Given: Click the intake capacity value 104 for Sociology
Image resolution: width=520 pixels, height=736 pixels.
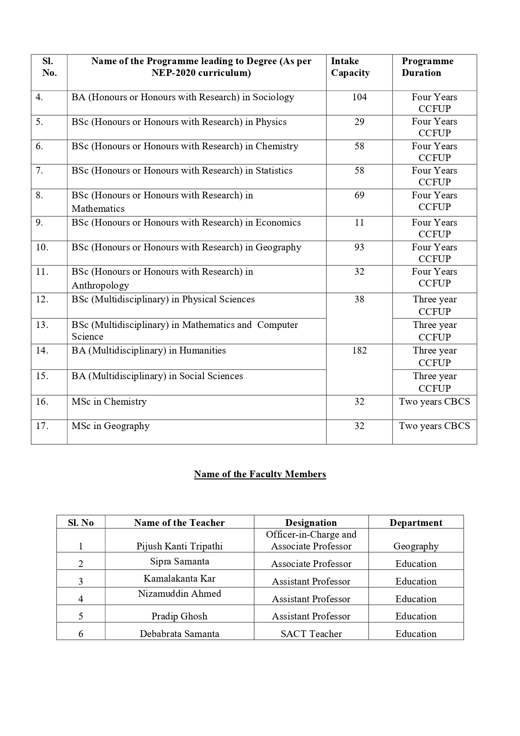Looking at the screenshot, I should pos(359,97).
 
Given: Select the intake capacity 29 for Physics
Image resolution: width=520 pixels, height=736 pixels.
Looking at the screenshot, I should pos(359,122).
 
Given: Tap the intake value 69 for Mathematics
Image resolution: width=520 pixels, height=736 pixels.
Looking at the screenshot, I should pos(359,195).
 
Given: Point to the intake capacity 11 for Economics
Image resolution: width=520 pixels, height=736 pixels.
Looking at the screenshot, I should pos(359,223).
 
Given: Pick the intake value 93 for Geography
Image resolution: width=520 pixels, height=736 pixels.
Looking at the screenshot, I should pos(359,247).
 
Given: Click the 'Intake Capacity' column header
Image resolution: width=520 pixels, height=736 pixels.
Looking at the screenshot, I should pos(350,67).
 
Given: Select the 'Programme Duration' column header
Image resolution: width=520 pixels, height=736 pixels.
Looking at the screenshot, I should pos(427,67).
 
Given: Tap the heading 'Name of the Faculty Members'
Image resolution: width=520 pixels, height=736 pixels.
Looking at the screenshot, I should pos(260,474).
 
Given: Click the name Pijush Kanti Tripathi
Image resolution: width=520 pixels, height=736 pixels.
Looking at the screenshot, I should pos(179,546).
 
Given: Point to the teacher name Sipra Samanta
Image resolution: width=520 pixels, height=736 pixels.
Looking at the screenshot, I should pos(179,562).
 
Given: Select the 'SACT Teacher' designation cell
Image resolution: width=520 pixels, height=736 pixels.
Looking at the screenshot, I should pos(311,634).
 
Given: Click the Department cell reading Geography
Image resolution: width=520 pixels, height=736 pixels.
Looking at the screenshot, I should pos(416,546).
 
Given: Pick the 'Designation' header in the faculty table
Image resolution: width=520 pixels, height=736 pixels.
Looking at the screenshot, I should pos(311,523).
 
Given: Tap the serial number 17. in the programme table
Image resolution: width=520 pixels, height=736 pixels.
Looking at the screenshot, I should pos(42,426).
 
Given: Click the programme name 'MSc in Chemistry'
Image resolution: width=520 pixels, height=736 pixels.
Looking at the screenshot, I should pos(109,402).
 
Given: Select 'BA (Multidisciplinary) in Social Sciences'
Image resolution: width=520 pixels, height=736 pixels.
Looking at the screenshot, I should pos(157,376).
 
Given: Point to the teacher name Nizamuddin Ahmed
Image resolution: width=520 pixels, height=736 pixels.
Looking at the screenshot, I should pos(179,594).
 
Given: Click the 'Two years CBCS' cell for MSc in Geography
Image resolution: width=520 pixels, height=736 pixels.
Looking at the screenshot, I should pos(434,426).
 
